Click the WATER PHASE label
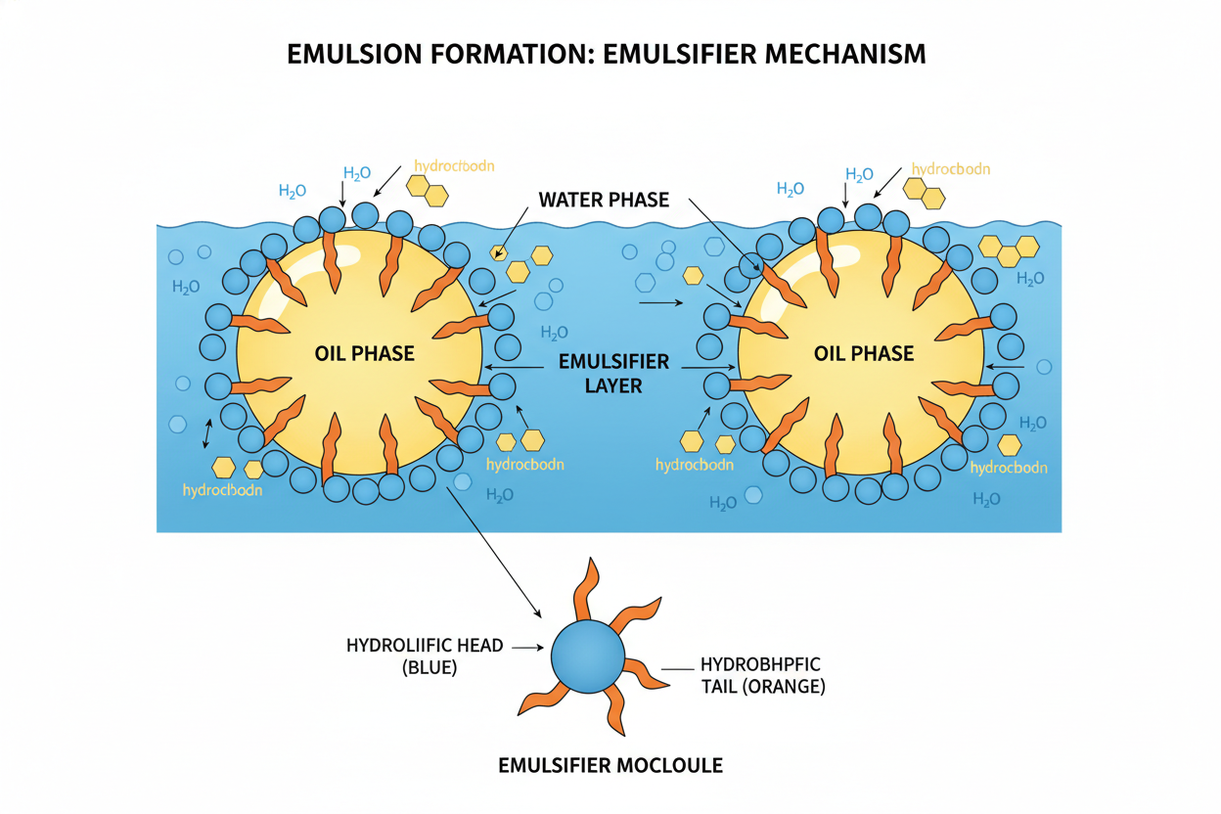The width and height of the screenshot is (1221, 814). point(604,200)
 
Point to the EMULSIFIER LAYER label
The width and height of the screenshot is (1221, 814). point(613,373)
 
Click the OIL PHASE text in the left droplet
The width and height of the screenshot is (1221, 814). point(365,353)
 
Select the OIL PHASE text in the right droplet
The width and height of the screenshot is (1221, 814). point(864,353)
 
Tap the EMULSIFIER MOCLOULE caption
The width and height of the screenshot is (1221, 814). point(610,765)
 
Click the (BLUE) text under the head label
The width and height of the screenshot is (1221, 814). point(430,667)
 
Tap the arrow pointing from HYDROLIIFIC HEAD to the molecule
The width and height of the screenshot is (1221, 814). point(526,647)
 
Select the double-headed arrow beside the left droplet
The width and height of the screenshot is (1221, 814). point(206,431)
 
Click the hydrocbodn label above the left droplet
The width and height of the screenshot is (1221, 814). point(454,166)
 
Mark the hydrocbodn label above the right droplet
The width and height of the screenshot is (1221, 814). point(951,168)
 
